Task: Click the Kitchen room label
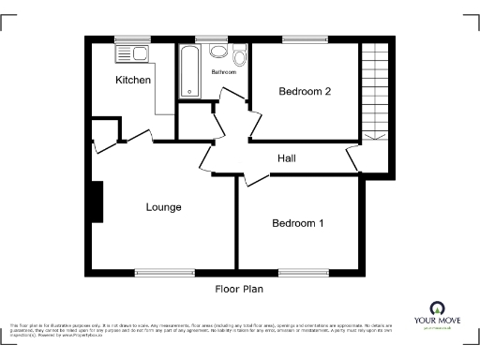tap(133, 81)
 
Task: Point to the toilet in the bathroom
tap(240, 59)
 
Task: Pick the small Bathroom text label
tap(223, 72)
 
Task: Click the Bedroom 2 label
tap(305, 91)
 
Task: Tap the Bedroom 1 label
tap(298, 223)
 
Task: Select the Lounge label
tap(163, 206)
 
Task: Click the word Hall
tap(287, 158)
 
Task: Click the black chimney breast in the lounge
tap(96, 201)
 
